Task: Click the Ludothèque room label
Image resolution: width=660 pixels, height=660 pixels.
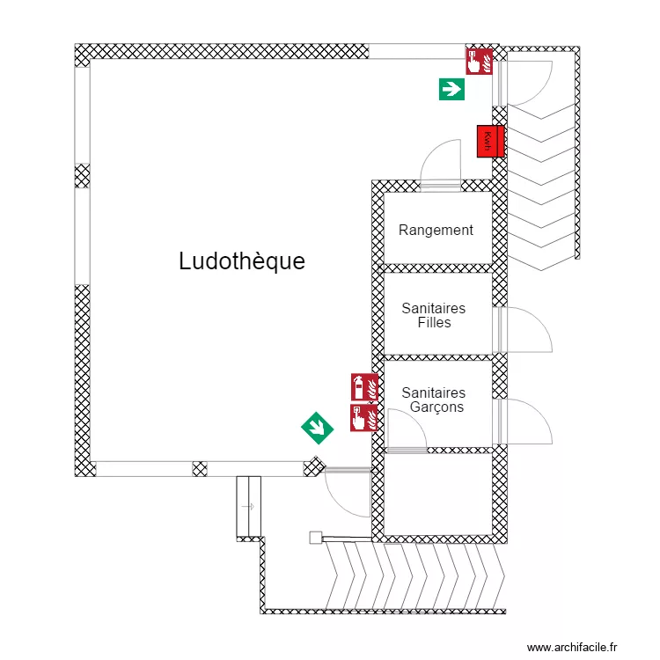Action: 242,261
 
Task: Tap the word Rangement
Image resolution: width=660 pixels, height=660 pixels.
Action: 436,231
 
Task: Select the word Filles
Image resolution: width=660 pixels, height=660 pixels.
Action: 434,323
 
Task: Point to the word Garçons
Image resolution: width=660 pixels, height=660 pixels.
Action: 436,407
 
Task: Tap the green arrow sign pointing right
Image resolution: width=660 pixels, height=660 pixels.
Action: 451,88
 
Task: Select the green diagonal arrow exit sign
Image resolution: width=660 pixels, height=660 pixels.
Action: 317,428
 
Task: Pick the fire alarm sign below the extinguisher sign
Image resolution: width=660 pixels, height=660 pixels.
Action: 363,417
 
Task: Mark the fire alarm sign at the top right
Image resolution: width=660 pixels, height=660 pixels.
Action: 479,61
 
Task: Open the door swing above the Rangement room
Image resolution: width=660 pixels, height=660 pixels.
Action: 441,164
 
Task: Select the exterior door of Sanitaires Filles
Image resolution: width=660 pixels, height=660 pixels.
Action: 524,330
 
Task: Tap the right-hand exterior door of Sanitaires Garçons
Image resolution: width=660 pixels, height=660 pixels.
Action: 526,422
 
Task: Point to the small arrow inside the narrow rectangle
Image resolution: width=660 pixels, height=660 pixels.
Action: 248,506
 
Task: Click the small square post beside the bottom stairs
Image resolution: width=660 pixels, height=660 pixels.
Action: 315,537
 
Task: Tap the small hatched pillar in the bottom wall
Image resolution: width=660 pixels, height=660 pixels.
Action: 200,468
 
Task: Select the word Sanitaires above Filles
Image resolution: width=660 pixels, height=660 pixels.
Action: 434,309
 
